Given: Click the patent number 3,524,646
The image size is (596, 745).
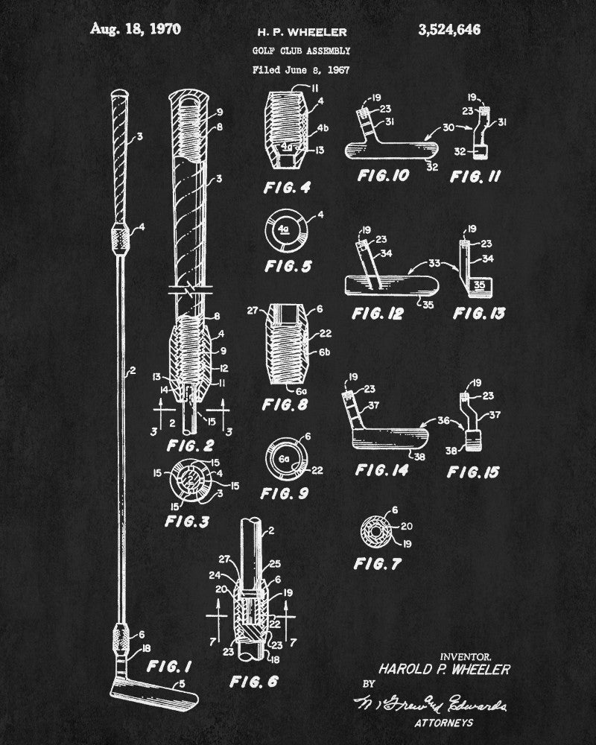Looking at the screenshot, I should tap(449, 30).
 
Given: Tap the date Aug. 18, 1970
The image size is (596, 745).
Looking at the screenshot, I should tap(136, 29).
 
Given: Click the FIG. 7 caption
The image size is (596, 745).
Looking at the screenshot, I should tap(378, 564).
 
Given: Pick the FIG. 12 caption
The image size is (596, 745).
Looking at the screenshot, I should tap(378, 314).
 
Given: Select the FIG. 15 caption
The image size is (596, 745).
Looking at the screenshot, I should tap(474, 472).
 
